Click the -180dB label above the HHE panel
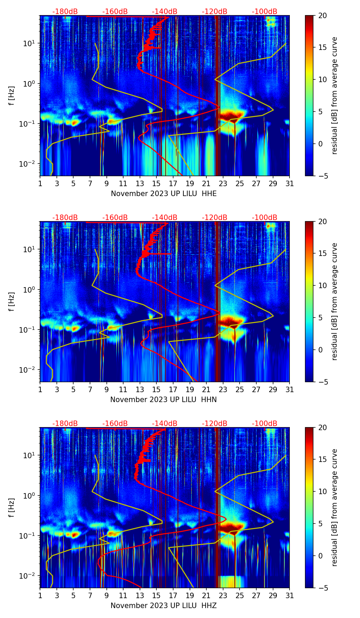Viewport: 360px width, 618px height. [65, 12]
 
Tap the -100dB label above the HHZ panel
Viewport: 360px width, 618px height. [265, 424]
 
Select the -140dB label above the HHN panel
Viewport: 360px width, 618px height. [165, 218]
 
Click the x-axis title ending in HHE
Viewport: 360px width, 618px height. [164, 194]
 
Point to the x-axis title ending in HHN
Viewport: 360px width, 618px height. [164, 400]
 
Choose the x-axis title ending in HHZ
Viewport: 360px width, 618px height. [164, 606]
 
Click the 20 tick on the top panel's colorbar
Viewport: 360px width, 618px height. [322, 15]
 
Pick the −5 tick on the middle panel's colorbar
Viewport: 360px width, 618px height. [322, 382]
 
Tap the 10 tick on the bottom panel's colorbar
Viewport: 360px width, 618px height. [322, 491]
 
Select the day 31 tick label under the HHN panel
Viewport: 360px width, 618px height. [290, 389]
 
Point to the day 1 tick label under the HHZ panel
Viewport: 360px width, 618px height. [40, 595]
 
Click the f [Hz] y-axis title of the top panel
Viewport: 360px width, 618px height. [12, 95]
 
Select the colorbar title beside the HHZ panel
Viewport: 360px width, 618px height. [334, 507]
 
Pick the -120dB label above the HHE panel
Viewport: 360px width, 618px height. [215, 12]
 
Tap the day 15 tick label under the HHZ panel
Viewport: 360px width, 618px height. [156, 595]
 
